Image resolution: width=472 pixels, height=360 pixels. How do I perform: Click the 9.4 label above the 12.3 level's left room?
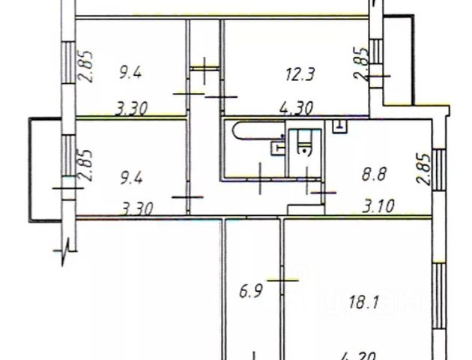131,73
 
